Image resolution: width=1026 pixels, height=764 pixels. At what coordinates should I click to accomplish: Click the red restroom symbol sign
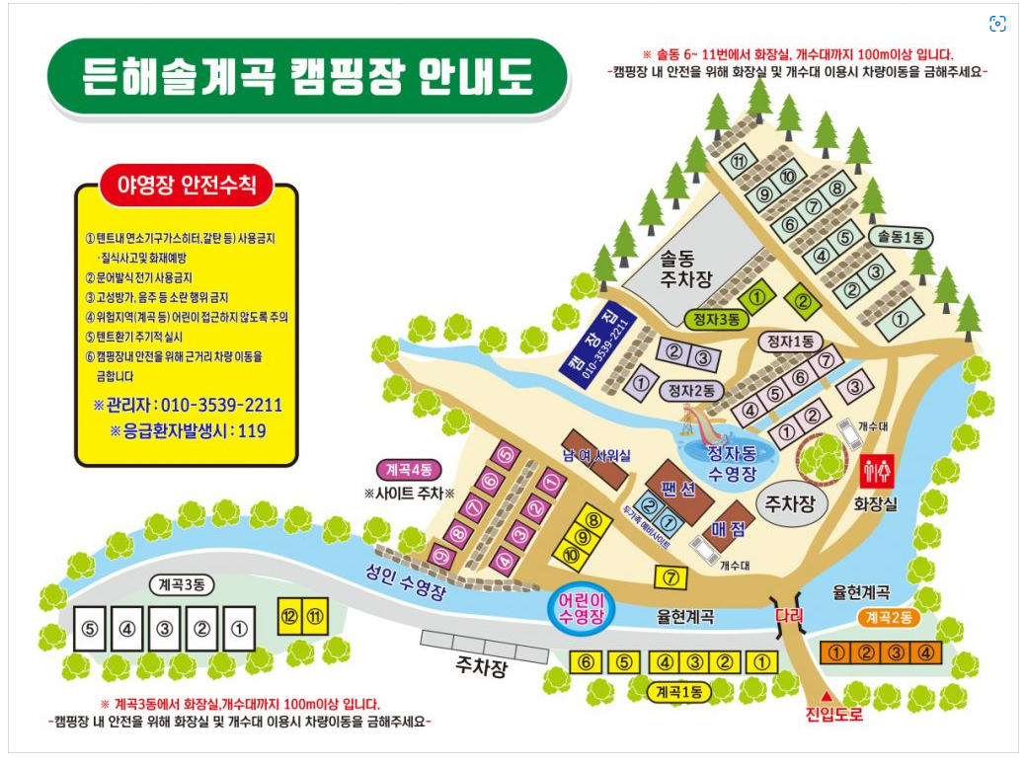click(x=877, y=472)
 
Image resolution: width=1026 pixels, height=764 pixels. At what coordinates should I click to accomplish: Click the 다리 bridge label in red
click(x=790, y=615)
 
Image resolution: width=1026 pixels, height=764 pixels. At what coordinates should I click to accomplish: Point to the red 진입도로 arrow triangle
click(x=827, y=696)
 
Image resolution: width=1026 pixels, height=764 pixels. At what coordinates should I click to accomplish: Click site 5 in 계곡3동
click(x=90, y=629)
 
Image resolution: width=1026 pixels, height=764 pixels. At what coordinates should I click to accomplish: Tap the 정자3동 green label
click(x=713, y=319)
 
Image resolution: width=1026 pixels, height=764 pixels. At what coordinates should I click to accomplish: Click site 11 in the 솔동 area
click(x=738, y=161)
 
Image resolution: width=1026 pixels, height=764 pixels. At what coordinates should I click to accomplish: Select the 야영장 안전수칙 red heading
click(x=187, y=185)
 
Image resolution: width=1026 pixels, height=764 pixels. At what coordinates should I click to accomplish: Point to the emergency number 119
click(x=250, y=430)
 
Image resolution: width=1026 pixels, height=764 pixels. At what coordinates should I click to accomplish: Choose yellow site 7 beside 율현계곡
click(x=671, y=577)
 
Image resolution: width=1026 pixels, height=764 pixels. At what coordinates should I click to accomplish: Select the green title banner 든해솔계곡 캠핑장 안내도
click(x=307, y=76)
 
